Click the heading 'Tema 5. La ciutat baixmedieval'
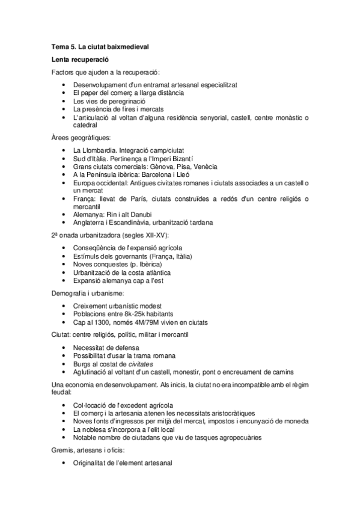coord(99,46)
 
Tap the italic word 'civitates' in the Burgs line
coord(139,363)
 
